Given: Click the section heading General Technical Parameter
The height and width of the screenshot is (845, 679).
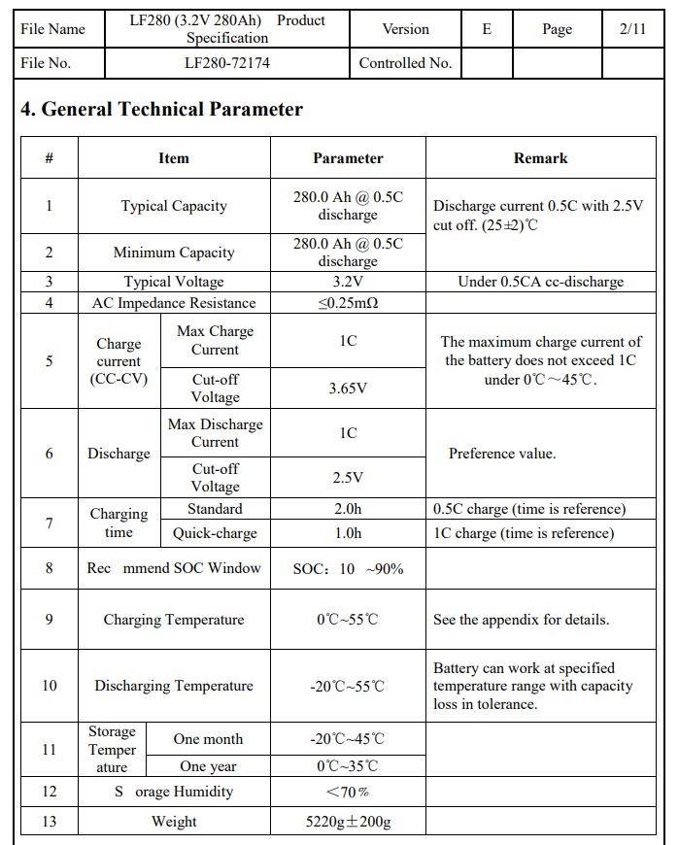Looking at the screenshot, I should pos(161,110).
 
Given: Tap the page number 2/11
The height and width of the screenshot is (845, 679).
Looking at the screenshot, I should pos(631,29).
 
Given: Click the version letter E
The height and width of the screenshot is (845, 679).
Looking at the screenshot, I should pos(487,29).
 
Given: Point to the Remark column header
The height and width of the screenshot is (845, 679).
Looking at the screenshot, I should pos(540,158).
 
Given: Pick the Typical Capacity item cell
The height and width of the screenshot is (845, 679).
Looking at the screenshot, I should pos(174,206).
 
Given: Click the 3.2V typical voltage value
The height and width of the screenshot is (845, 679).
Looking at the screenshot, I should pos(348,282).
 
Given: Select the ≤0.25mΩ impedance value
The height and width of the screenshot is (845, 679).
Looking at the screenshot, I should pos(348,303).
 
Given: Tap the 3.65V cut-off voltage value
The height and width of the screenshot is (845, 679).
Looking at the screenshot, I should pos(348,389).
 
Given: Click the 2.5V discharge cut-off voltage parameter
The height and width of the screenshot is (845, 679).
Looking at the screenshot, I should pos(348,478).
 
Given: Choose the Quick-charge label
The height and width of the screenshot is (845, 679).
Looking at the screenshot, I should pos(215,533).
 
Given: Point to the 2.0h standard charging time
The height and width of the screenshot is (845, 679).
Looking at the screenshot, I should pos(348,509).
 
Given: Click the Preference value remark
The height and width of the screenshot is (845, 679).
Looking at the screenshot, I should pos(502,454).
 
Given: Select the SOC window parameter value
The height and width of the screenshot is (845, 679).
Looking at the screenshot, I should pos(348,569).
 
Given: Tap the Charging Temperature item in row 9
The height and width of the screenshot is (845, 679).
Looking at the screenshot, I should pos(174,620).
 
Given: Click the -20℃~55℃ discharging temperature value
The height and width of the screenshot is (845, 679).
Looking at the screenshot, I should pos(348,686).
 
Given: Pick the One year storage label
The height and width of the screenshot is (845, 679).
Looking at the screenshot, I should pos(208,767).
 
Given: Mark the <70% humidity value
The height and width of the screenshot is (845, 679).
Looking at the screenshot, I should pos(348,793).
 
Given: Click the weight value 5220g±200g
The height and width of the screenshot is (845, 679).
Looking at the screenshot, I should pos(348,822).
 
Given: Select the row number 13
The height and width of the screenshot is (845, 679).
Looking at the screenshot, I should pos(49,822).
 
